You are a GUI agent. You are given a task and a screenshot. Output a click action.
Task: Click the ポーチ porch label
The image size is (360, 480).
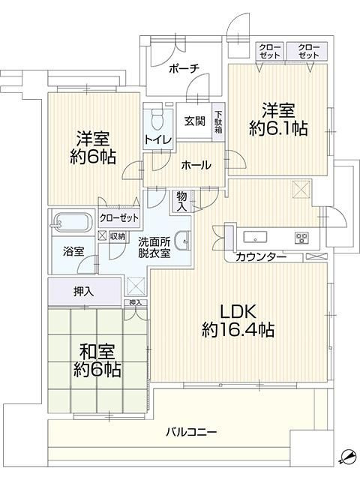coord(184,68)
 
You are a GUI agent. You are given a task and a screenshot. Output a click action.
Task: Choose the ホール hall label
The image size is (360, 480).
coord(195,166)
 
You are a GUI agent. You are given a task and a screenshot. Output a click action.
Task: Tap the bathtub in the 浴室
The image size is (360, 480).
coord(73,223)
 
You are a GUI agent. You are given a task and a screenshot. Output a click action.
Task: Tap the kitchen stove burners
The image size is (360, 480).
coord(301,238)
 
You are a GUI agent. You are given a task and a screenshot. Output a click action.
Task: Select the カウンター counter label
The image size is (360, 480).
coord(260,258)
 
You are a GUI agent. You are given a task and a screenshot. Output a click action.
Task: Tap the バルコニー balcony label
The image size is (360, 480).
coord(191,433)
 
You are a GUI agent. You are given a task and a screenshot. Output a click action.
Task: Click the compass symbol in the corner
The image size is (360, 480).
coord(346,457)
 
